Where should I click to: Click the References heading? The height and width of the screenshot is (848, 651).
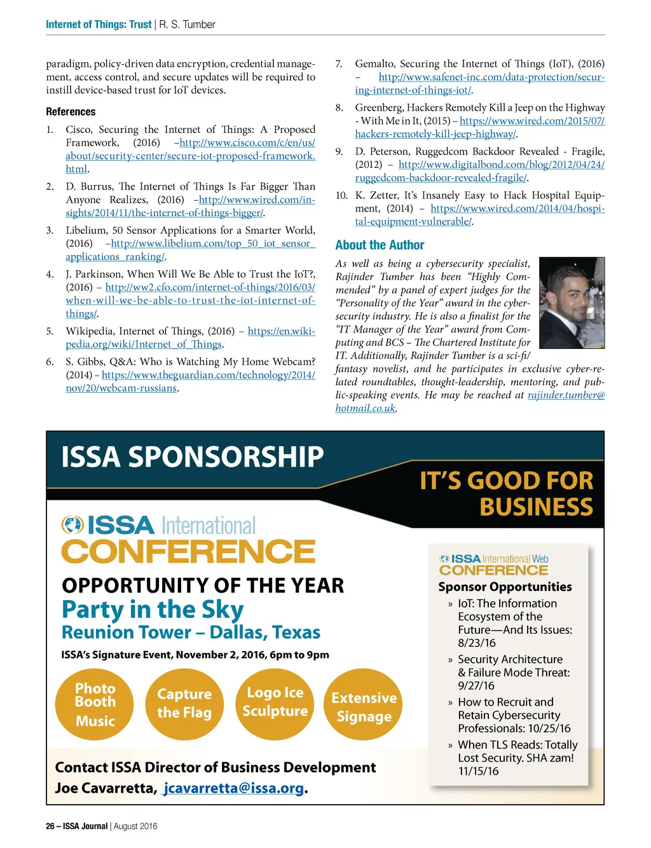[x=71, y=112]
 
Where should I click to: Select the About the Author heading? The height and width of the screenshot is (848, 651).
[x=380, y=245]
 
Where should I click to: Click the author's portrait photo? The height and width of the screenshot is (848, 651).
[x=572, y=303]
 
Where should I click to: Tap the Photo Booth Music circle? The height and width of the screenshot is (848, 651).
[x=95, y=704]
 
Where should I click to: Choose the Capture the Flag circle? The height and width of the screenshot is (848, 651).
[x=184, y=704]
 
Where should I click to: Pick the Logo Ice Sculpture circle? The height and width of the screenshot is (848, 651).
[x=275, y=702]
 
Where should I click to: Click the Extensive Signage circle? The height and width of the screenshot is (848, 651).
[x=364, y=707]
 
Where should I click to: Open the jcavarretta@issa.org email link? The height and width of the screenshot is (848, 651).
[x=233, y=788]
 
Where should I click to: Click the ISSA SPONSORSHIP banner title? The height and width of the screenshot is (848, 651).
[x=192, y=457]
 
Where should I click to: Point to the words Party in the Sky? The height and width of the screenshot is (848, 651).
[x=153, y=610]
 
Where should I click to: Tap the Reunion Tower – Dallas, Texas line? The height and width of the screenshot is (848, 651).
[x=191, y=633]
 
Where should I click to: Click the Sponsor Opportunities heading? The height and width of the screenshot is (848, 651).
[x=505, y=587]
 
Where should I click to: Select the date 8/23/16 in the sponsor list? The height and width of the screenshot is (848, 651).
[x=477, y=643]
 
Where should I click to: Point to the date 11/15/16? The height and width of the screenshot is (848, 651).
[x=478, y=771]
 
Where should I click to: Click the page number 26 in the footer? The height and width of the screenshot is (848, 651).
[x=50, y=826]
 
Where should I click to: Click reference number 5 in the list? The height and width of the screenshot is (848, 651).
[x=50, y=331]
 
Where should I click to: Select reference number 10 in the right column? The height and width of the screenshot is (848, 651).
[x=341, y=196]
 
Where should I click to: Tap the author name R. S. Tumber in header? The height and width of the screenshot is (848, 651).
[x=187, y=25]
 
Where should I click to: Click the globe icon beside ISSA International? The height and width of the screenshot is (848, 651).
[x=72, y=525]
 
